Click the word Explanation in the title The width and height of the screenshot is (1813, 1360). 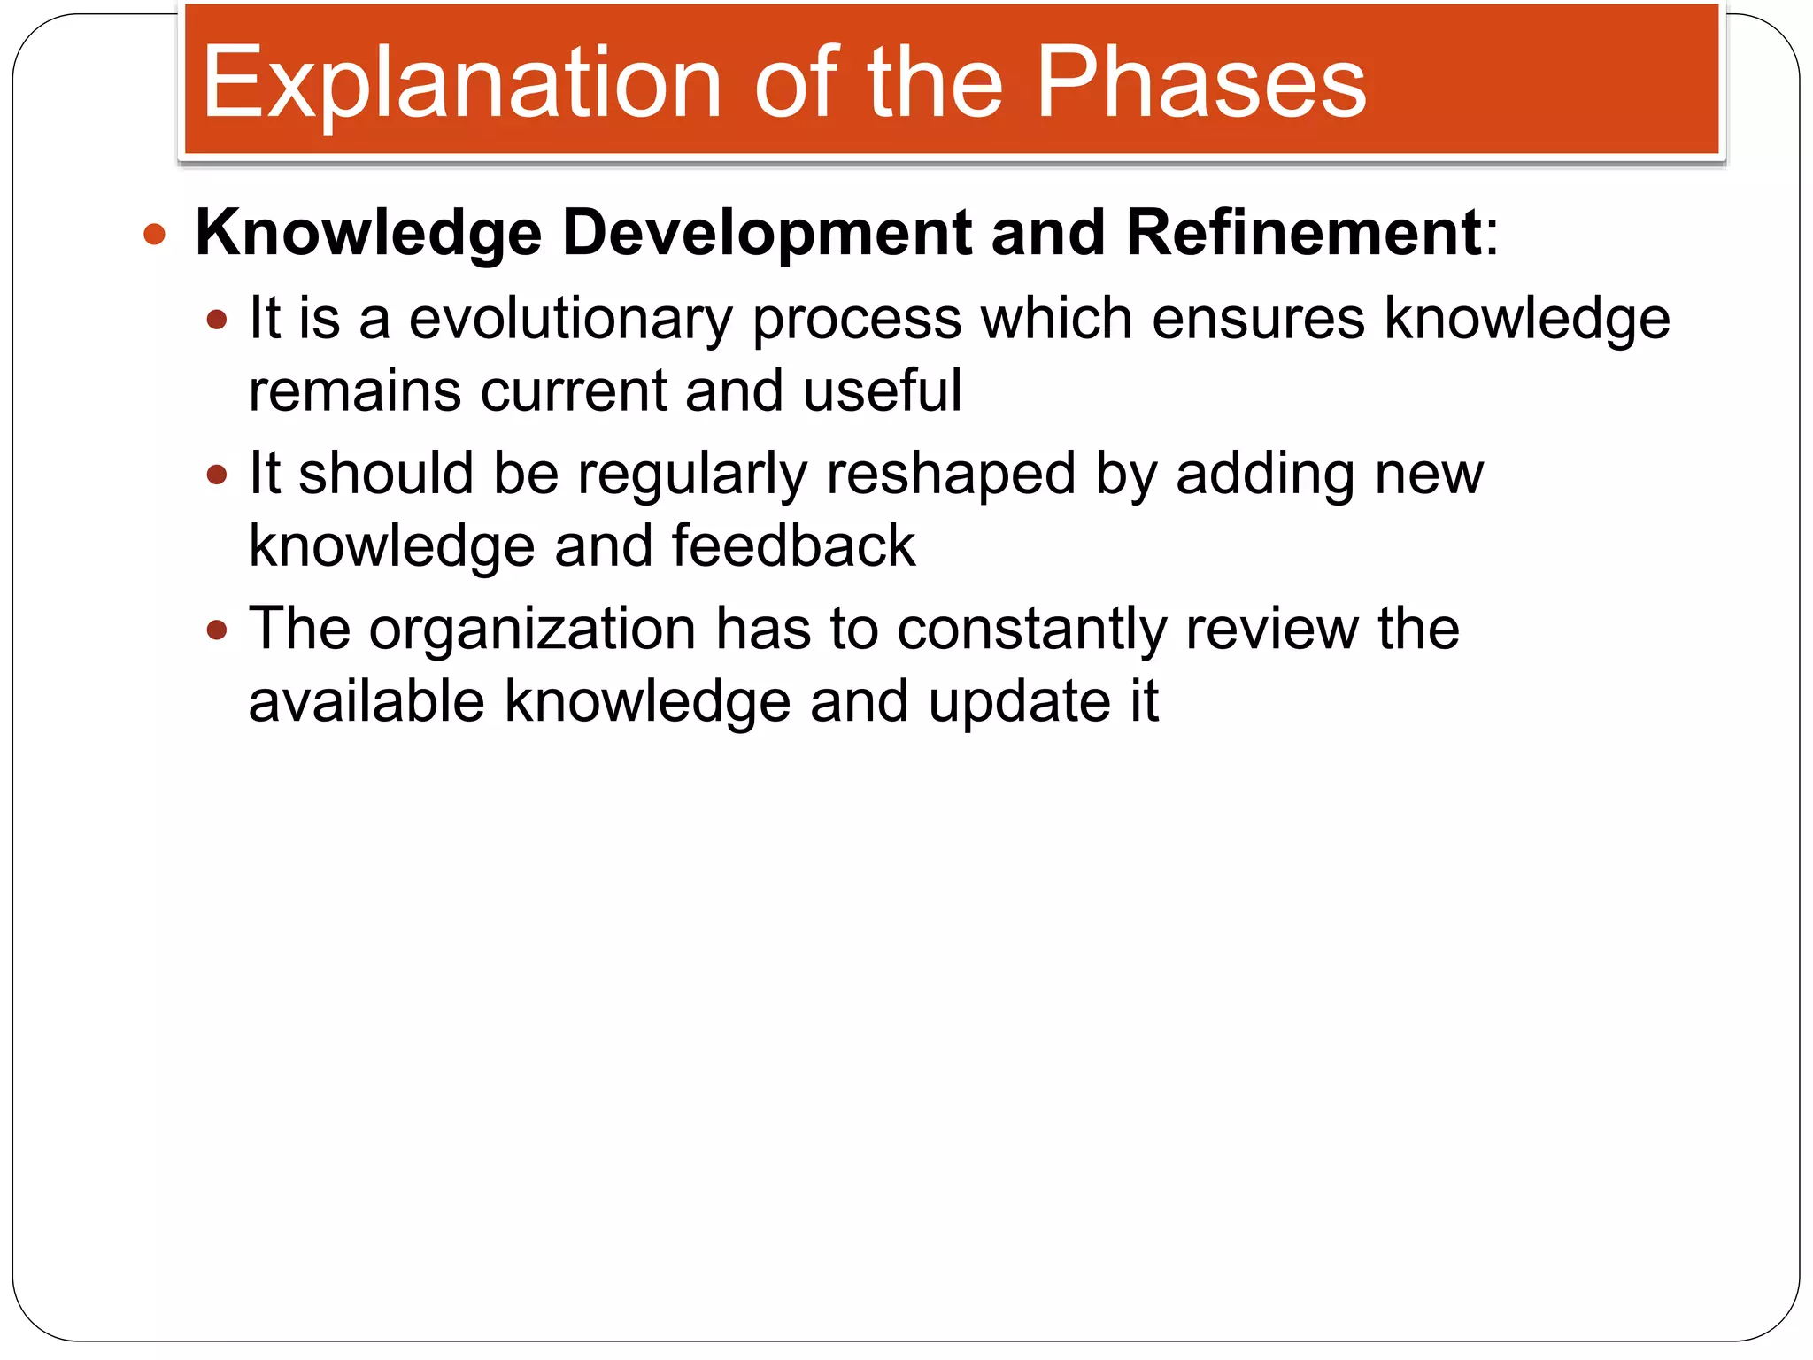click(462, 84)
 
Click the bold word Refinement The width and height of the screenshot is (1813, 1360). click(1303, 233)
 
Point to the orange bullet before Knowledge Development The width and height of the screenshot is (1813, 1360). click(155, 235)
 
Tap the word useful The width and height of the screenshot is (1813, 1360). click(882, 390)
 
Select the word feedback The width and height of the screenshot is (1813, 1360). click(793, 546)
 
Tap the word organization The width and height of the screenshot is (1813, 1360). click(532, 630)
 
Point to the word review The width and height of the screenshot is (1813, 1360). click(1271, 630)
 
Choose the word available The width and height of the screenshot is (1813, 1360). click(366, 701)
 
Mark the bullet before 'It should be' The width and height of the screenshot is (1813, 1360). click(217, 476)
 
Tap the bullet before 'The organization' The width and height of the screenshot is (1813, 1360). click(217, 631)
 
